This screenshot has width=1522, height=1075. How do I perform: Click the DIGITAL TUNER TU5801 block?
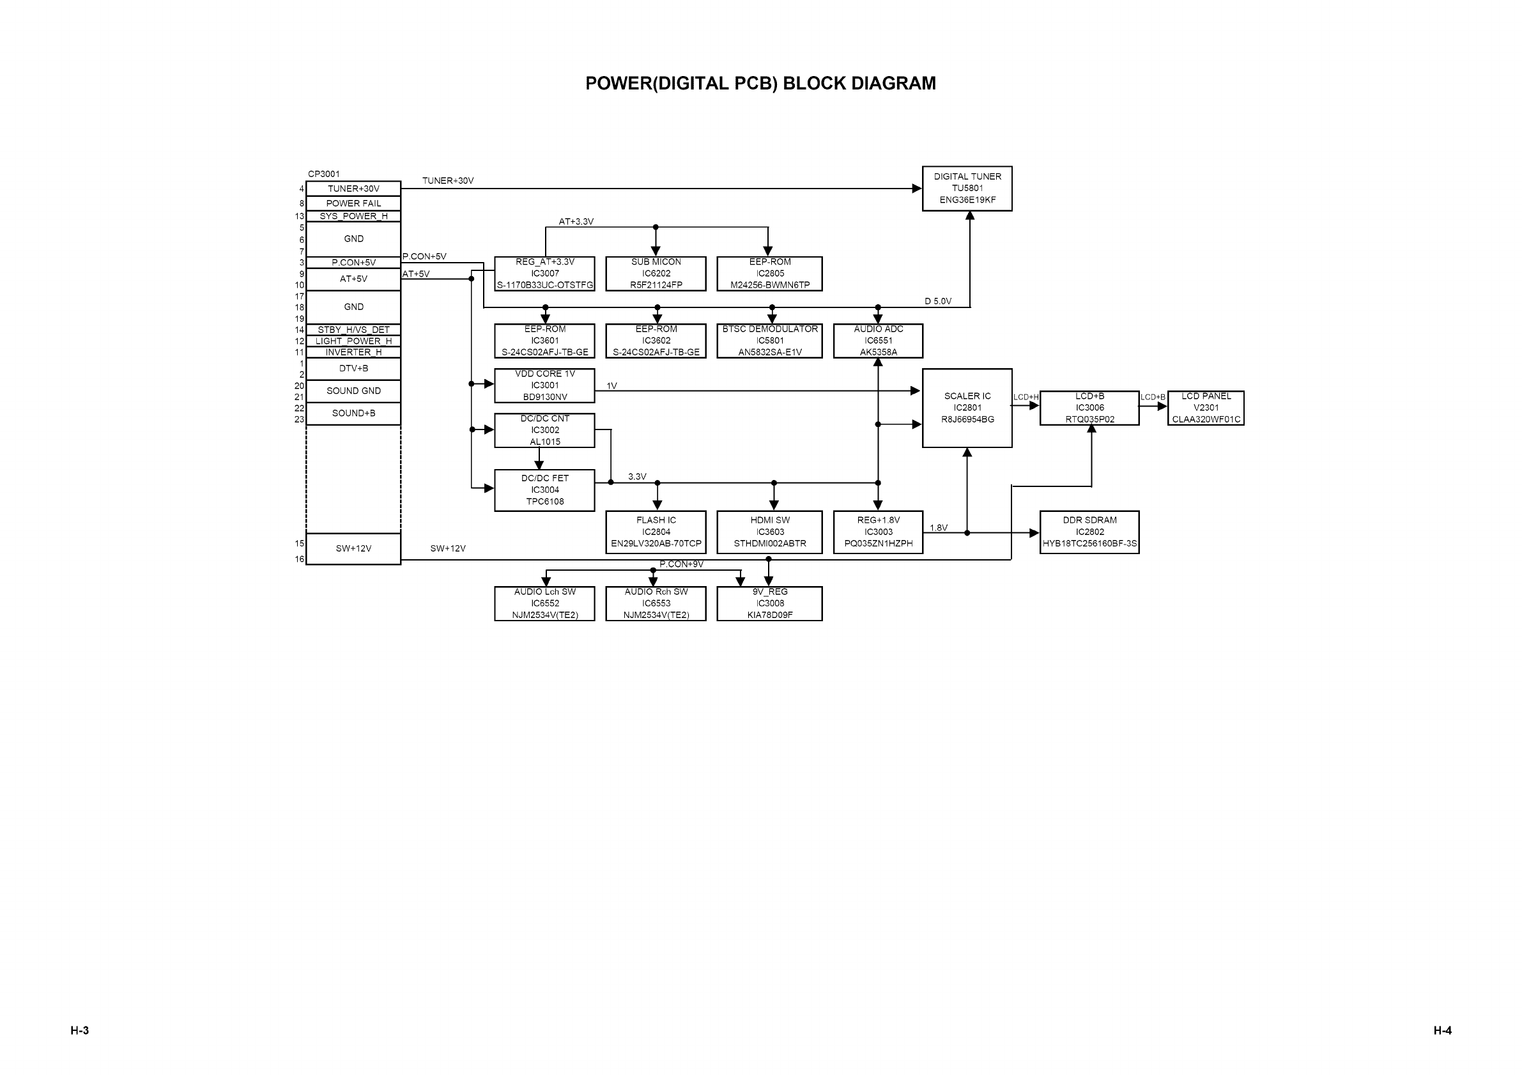click(967, 189)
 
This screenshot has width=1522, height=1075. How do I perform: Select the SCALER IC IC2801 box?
click(967, 408)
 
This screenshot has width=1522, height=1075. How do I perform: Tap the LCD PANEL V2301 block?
click(1205, 408)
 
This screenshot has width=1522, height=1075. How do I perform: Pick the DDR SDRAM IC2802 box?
click(1089, 532)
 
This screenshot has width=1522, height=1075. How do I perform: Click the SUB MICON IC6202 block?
click(656, 274)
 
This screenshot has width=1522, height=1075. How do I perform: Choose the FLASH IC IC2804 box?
click(656, 532)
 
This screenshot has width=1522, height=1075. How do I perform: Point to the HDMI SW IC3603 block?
click(769, 532)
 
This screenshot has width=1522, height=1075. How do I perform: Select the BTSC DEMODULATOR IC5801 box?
click(769, 341)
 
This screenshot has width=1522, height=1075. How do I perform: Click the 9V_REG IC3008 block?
click(769, 603)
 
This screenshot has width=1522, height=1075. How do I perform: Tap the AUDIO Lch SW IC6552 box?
click(544, 603)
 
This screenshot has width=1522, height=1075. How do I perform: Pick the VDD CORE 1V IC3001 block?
click(544, 385)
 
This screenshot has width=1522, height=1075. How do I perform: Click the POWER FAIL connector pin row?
click(353, 204)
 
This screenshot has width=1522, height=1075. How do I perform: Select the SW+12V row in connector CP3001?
click(353, 548)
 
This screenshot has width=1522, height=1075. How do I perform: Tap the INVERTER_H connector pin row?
click(353, 352)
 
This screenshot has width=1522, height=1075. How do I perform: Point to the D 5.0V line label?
click(937, 301)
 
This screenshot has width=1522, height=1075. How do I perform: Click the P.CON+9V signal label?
click(680, 564)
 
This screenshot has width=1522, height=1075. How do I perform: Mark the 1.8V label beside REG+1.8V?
click(938, 528)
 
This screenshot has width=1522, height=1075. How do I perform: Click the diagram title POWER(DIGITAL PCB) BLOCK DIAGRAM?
click(760, 84)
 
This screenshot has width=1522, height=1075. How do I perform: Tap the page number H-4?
click(1441, 1030)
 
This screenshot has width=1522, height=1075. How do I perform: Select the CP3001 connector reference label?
click(323, 174)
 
